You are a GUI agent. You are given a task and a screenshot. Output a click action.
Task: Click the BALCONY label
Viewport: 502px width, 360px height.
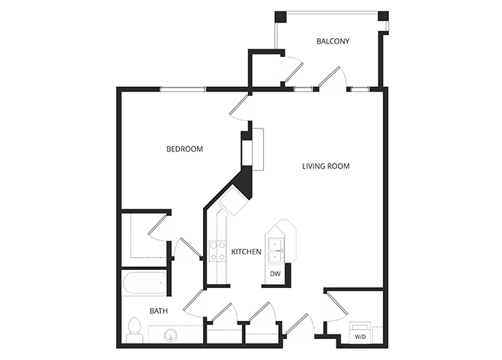pos(333,41)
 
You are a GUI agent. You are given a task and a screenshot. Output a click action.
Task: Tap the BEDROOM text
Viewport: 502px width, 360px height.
pos(184,149)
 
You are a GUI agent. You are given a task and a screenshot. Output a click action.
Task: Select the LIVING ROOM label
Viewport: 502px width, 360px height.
pos(326,166)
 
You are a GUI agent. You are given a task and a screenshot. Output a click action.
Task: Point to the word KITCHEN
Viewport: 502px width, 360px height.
pos(246,252)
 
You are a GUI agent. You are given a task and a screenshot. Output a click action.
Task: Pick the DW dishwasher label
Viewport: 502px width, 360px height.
pos(275,274)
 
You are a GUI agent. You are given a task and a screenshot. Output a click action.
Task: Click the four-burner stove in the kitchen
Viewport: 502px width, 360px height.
pos(217,251)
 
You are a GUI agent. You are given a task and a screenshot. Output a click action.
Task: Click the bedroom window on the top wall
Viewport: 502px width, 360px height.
pos(182,88)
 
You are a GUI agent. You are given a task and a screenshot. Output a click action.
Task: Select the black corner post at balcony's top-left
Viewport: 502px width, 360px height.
pos(280,16)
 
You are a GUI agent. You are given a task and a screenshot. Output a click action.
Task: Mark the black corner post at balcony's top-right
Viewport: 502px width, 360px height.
pos(384,16)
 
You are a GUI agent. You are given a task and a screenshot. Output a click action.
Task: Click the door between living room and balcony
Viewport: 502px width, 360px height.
pos(331,76)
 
